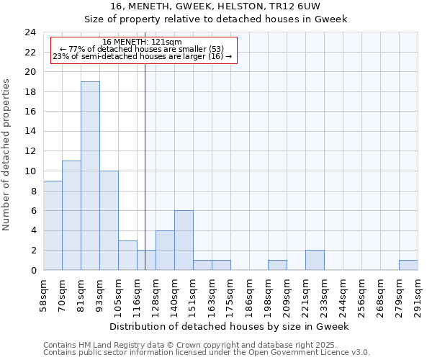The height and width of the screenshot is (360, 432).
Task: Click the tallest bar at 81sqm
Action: [x=90, y=176]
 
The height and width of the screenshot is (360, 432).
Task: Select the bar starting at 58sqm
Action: [x=53, y=225]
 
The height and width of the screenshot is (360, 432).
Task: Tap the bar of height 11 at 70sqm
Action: [x=71, y=216]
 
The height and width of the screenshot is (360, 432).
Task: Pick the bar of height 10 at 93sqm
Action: [x=109, y=220]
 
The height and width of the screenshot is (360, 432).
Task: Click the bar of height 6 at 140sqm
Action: [x=184, y=240]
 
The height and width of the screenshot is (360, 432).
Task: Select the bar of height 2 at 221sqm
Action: [x=315, y=260]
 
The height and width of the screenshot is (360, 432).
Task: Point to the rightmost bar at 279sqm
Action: [x=408, y=265]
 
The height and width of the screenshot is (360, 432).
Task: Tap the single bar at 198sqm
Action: [x=277, y=265]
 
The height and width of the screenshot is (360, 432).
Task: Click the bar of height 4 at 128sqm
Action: [x=165, y=251]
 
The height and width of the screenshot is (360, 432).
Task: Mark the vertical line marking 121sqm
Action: [x=145, y=166]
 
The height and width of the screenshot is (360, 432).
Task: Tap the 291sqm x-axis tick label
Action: [x=418, y=294]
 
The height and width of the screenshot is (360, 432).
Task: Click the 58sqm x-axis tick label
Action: [x=44, y=294]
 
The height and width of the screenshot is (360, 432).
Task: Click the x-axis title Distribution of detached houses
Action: [x=230, y=326]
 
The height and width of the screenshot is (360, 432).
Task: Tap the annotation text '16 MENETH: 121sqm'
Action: [x=143, y=42]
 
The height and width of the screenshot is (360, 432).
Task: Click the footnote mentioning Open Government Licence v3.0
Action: [x=207, y=353]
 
